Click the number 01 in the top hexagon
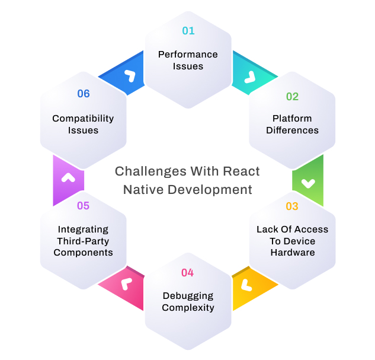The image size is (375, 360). (188, 30)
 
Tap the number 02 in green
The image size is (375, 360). (292, 96)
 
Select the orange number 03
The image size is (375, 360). (292, 206)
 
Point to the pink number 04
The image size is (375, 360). (188, 273)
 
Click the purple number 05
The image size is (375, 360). (83, 206)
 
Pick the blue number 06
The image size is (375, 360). (83, 93)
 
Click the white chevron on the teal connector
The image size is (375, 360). (249, 77)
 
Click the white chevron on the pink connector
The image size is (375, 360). (125, 284)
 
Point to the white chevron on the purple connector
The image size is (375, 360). (68, 177)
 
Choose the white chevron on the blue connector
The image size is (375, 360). (129, 76)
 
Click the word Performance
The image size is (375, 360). (188, 54)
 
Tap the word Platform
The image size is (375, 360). (292, 118)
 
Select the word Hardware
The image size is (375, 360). (292, 252)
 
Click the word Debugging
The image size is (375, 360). (188, 295)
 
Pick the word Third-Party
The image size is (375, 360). (83, 241)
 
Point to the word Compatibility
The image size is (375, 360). (83, 118)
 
